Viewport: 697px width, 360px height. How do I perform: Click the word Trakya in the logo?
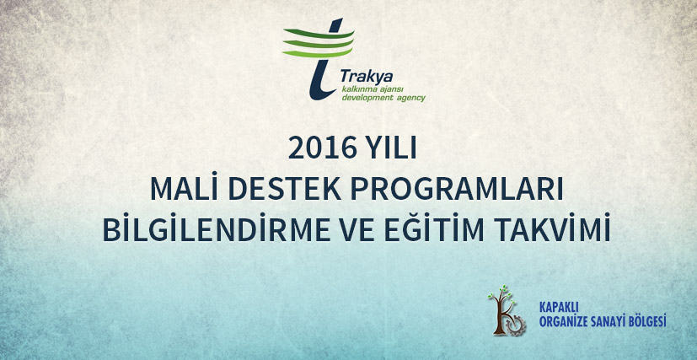pyautogui.click(x=367, y=77)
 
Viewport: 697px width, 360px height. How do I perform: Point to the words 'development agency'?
pyautogui.click(x=383, y=98)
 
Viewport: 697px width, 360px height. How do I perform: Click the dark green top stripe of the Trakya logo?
pyautogui.click(x=319, y=34)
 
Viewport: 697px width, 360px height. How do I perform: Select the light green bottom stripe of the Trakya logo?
pyautogui.click(x=318, y=54)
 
